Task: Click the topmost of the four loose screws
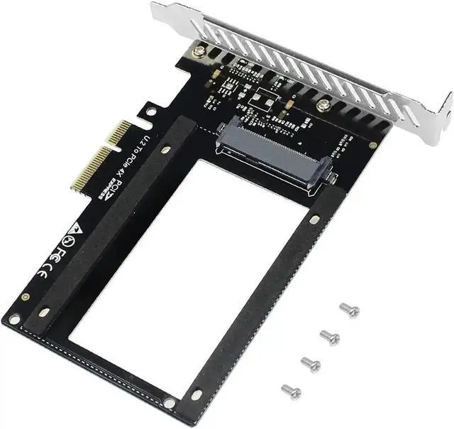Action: coord(349,310)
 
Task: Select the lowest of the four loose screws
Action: coord(292,391)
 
